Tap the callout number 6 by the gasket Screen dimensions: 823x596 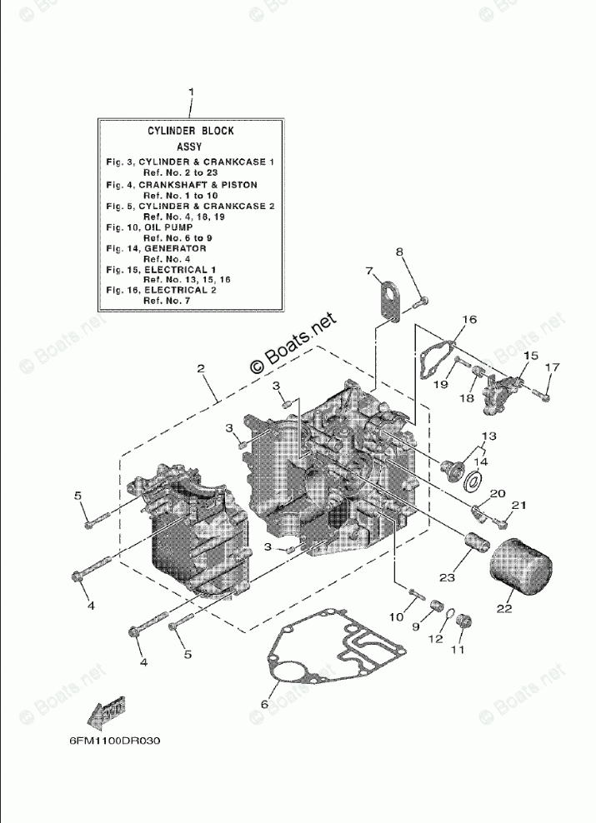pos(265,705)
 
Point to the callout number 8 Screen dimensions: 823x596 pos(399,251)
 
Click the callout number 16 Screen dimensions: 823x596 pos(469,320)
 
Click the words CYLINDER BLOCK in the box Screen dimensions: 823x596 pos(191,131)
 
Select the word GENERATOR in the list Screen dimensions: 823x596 pos(175,248)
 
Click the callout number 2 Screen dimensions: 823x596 pos(201,368)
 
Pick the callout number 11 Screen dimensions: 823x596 pos(456,650)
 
